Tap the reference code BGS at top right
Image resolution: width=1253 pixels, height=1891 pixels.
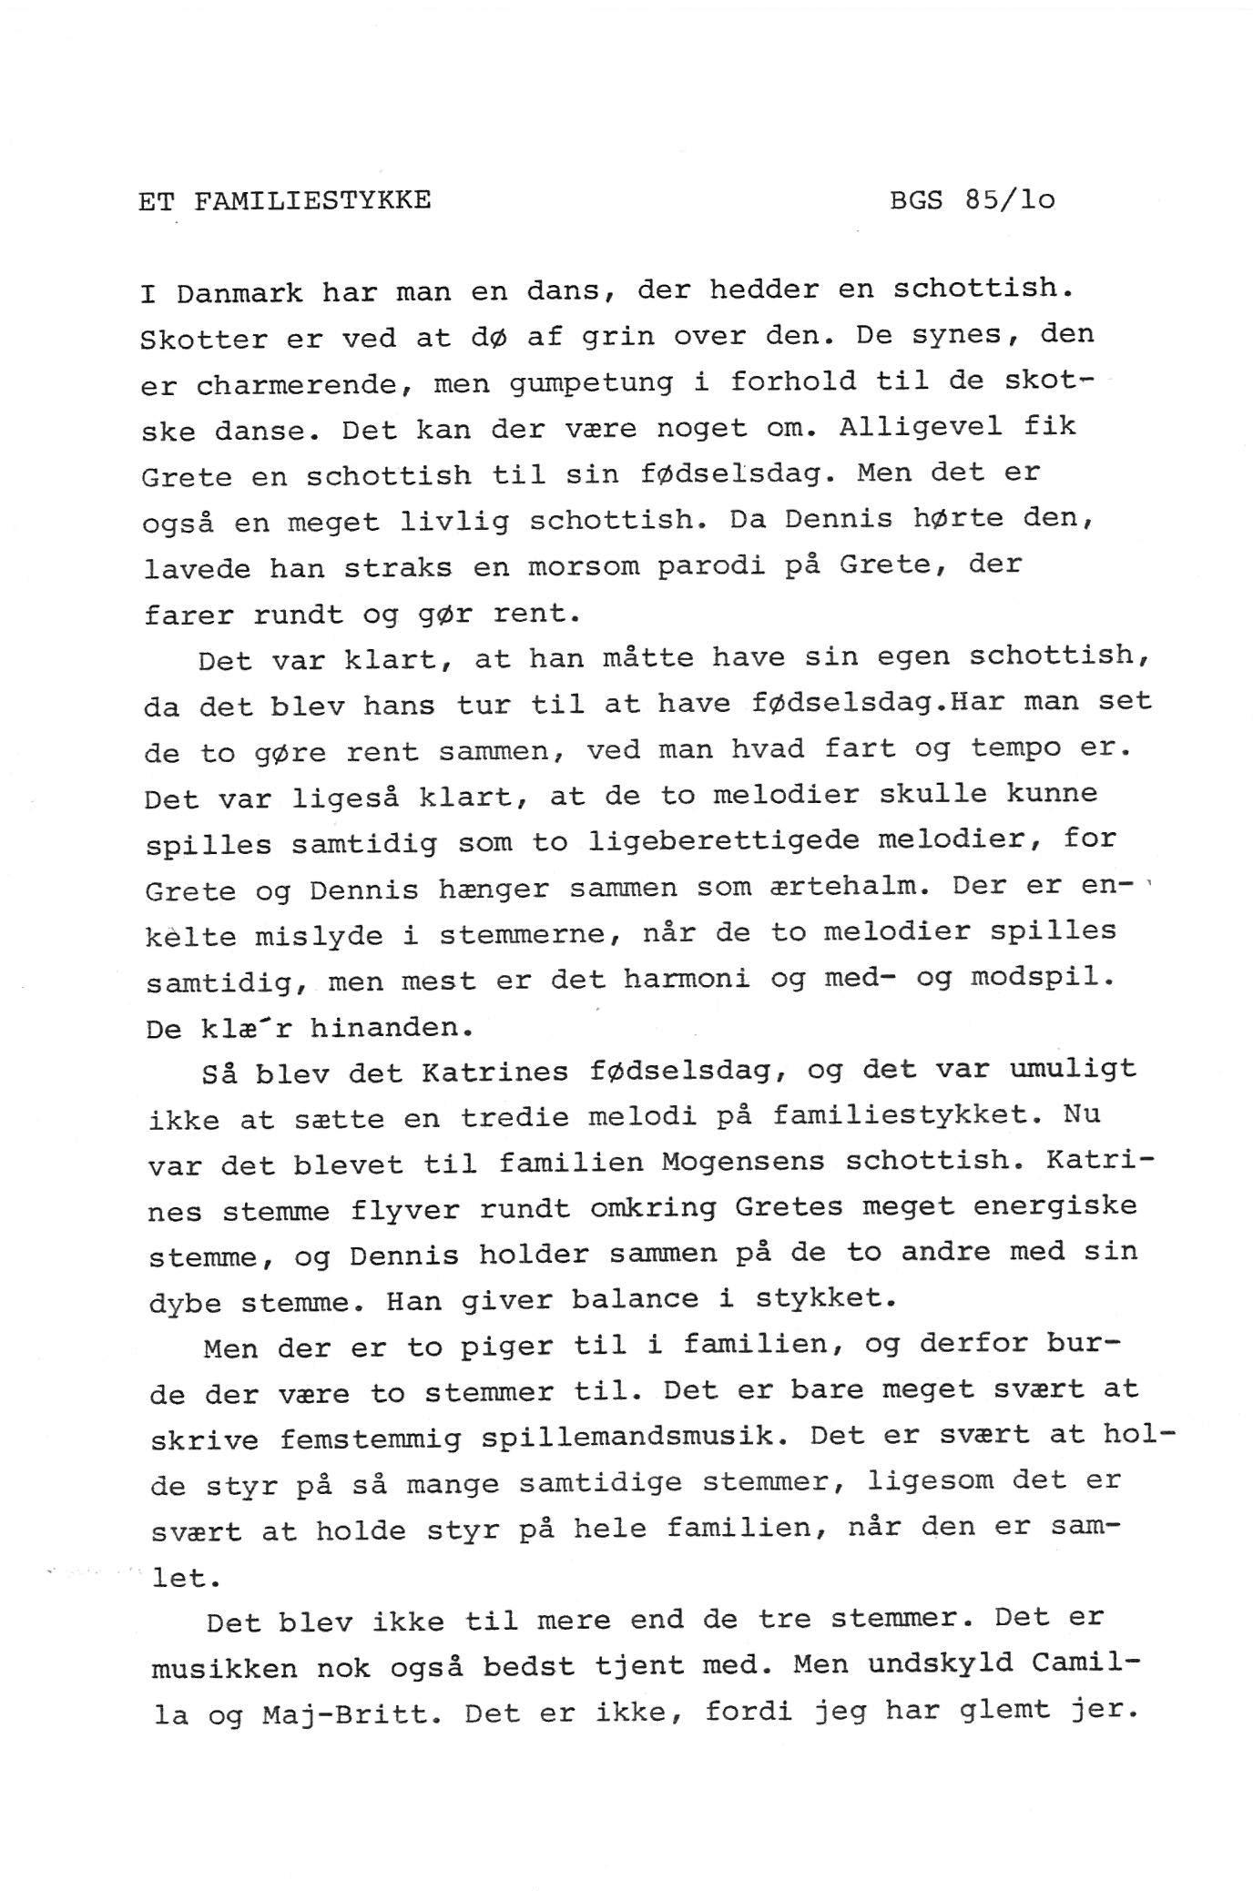[x=916, y=200]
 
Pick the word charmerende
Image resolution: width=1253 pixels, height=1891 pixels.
[x=295, y=386]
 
